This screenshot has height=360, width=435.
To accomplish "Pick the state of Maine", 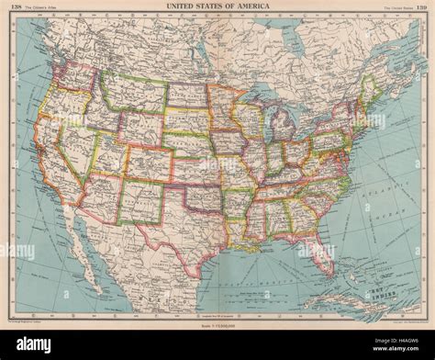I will point(371,91).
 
